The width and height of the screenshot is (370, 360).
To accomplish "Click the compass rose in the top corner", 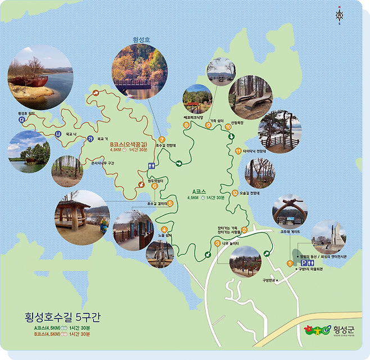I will (340, 15).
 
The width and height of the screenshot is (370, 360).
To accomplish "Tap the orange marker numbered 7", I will (162, 139).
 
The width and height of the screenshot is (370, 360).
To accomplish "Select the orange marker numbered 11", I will (238, 151).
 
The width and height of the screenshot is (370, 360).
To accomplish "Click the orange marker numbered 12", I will (234, 193).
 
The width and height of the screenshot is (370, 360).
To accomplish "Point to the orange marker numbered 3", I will (217, 243).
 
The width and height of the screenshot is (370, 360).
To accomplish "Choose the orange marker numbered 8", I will (186, 125).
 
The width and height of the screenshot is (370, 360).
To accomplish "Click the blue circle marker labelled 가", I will (89, 139).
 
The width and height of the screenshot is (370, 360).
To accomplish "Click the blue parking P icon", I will (304, 262).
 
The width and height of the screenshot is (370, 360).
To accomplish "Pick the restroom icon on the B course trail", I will (151, 166).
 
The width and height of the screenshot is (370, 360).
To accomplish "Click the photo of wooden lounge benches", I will (250, 97).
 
